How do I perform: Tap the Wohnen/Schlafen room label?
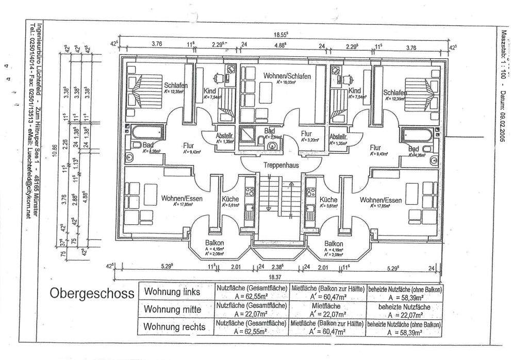pos(287,76)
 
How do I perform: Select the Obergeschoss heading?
pos(92,293)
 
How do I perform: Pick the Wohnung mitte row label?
pos(175,309)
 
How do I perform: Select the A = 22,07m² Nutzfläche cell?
pos(251,313)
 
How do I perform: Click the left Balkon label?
pos(214,243)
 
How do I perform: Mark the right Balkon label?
pos(334,243)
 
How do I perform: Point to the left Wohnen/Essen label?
pos(182,199)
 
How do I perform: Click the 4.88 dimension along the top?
pos(280,45)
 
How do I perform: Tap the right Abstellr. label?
pos(338,137)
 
